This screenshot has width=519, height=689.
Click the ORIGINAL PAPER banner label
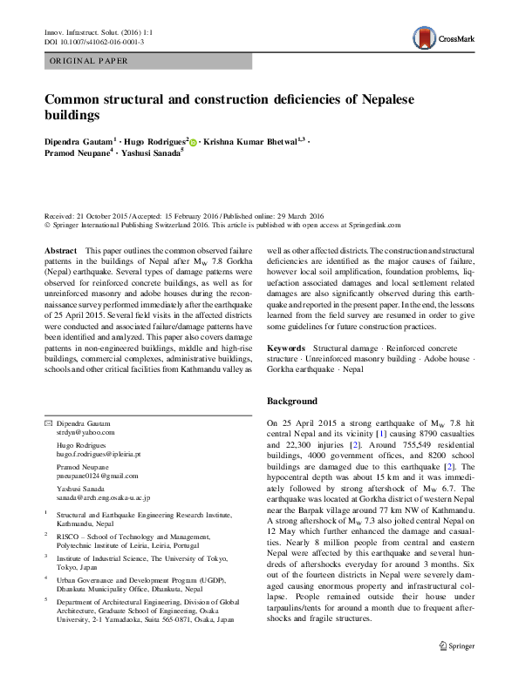pyautogui.click(x=89, y=61)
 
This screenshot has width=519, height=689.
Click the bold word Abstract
pyautogui.click(x=60, y=249)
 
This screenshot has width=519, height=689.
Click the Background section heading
pyautogui.click(x=292, y=401)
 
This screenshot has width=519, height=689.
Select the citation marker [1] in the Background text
pyautogui.click(x=380, y=433)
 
